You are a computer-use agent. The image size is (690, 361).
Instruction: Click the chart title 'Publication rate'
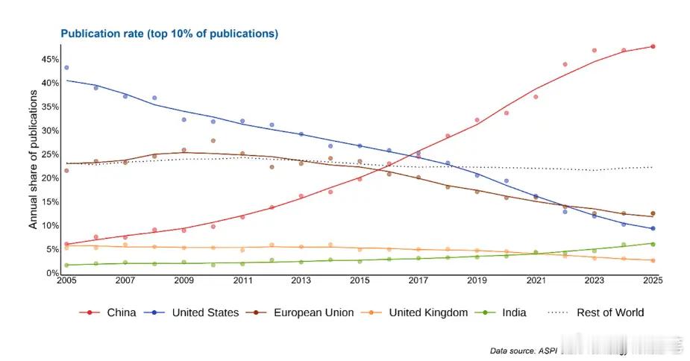point(169,34)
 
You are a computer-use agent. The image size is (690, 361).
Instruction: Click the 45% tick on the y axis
point(50,59)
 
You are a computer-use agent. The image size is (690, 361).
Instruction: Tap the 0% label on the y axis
point(52,274)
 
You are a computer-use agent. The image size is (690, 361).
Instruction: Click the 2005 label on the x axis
point(66,280)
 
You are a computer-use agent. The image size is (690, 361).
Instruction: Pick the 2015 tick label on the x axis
point(360,280)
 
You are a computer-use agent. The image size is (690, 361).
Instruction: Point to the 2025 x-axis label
point(652,280)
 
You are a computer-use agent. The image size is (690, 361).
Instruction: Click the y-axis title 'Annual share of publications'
point(33,166)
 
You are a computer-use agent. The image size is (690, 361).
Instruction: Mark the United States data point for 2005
point(66,68)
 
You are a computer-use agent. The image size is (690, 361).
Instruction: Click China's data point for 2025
point(653,46)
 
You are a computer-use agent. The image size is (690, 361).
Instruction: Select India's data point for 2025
point(653,244)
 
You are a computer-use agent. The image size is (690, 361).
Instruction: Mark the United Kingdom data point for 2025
point(653,260)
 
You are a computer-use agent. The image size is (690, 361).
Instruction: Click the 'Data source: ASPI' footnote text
point(523,351)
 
